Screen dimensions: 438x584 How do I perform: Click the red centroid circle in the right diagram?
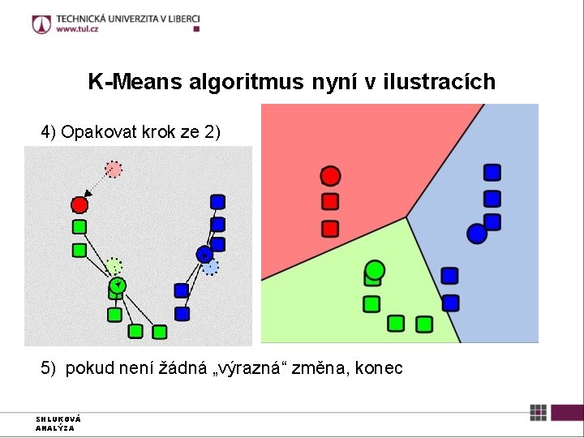(330, 176)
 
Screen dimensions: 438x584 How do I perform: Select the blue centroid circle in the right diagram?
(477, 234)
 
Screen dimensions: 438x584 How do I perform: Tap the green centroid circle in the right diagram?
(374, 269)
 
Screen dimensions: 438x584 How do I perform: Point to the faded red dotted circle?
(114, 170)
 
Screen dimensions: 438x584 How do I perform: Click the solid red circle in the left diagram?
(79, 204)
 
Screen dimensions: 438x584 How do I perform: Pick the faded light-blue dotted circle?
(210, 267)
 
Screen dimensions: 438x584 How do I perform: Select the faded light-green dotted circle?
(114, 265)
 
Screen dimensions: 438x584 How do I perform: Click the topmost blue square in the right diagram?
(492, 172)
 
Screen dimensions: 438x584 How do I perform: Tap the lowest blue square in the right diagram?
(451, 303)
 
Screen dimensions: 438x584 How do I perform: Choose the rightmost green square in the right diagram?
(423, 324)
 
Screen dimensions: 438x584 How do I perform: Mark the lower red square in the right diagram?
(330, 229)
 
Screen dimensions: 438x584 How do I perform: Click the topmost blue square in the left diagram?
(217, 201)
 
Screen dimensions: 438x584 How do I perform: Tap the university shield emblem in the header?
(41, 24)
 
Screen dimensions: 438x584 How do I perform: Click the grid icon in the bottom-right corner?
(538, 412)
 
